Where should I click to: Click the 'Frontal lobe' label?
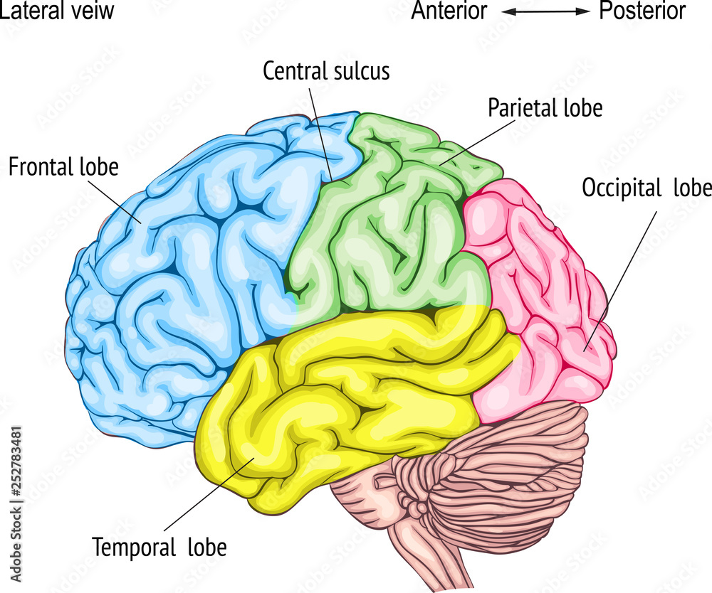click(x=63, y=167)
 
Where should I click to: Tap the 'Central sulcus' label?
click(x=326, y=71)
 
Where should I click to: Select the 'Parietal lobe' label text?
click(x=545, y=108)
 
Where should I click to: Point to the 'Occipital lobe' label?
click(x=646, y=188)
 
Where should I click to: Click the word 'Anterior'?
click(x=449, y=11)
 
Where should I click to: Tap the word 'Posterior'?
click(x=642, y=11)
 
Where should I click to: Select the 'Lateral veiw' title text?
click(x=57, y=11)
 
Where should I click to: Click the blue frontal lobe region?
click(x=178, y=284)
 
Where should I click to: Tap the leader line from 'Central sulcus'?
click(x=320, y=132)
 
